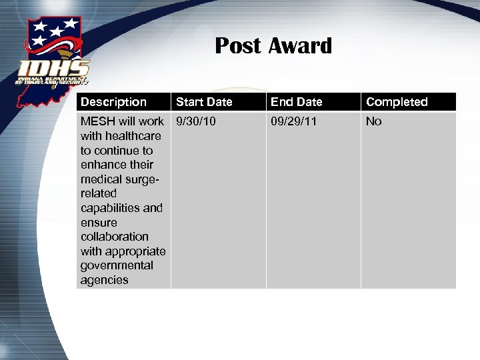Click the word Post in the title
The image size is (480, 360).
pyautogui.click(x=238, y=46)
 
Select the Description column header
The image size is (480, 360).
pyautogui.click(x=113, y=102)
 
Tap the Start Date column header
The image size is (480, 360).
pyautogui.click(x=204, y=102)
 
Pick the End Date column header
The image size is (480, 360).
pyautogui.click(x=297, y=102)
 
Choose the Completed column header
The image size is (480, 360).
pyautogui.click(x=397, y=102)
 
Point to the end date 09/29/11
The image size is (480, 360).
pyautogui.click(x=293, y=121)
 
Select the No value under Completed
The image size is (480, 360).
pyautogui.click(x=373, y=121)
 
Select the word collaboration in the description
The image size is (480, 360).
pyautogui.click(x=115, y=237)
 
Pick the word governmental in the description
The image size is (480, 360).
pyautogui.click(x=117, y=265)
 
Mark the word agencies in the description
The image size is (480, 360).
pyautogui.click(x=105, y=280)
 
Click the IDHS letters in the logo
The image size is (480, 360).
pyautogui.click(x=54, y=69)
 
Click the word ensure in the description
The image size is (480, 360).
pyautogui.click(x=99, y=223)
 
